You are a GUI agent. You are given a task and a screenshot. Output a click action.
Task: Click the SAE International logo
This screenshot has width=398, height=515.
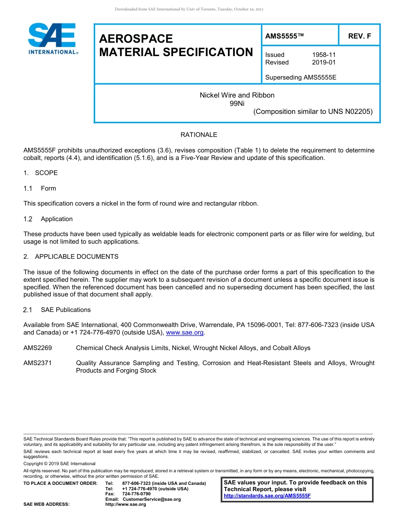click(52, 39)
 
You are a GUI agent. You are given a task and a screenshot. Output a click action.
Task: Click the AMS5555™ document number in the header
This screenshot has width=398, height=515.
click(284, 36)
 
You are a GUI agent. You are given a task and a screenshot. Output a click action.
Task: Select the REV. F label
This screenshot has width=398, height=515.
click(359, 36)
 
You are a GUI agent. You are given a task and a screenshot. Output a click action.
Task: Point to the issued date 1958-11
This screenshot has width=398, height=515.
click(324, 55)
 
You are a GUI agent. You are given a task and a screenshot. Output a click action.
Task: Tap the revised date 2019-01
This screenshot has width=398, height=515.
click(324, 62)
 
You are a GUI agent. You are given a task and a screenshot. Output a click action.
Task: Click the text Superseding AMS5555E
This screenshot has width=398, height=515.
click(301, 77)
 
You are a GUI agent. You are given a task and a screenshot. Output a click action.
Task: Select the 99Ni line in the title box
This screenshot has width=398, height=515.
click(237, 103)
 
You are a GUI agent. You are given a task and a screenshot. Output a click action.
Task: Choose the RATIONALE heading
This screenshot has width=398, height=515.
click(199, 135)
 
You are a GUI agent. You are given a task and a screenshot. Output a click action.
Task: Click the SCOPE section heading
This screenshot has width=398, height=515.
click(46, 173)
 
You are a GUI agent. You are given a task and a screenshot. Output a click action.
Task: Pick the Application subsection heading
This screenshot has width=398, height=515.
click(57, 219)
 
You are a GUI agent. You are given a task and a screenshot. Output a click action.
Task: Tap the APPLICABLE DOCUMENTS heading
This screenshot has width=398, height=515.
click(77, 257)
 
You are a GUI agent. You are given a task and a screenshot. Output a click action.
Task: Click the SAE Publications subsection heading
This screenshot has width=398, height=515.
click(66, 310)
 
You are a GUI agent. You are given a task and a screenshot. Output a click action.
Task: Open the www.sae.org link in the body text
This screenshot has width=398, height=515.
click(185, 333)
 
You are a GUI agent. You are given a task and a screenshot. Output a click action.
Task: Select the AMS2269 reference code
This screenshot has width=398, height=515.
click(37, 348)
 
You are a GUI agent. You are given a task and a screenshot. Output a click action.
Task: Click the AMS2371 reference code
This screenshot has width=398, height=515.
click(37, 363)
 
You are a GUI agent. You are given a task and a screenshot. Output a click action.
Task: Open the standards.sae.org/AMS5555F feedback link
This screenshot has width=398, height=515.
click(267, 496)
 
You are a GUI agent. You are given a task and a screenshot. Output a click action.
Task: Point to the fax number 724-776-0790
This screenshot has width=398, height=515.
click(136, 494)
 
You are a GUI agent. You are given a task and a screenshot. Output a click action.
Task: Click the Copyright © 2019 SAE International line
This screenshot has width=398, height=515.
click(59, 463)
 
